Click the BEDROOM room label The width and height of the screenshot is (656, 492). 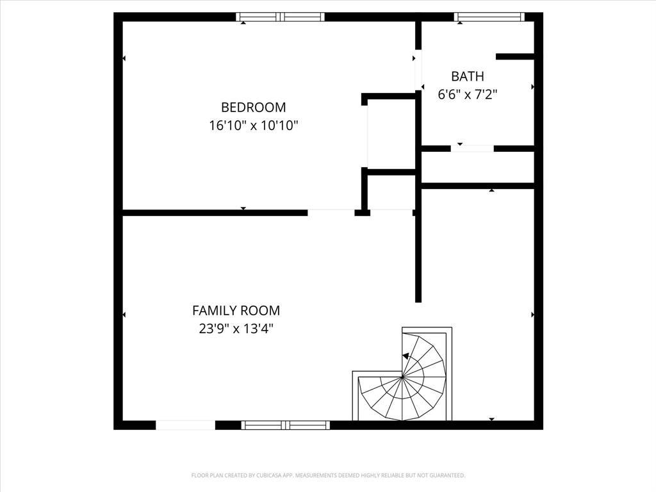coord(253,107)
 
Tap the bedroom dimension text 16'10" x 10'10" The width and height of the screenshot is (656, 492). coord(253,126)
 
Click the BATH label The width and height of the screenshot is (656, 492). coord(467,76)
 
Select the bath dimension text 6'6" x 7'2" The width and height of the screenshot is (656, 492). coord(467,94)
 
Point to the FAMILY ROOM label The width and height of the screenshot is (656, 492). coord(236,311)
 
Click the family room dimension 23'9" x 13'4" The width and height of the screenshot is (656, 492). coord(236,329)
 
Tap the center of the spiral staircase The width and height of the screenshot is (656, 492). coord(402,378)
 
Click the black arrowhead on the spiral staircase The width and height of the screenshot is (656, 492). coord(406,356)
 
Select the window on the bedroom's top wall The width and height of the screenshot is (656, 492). coord(280,17)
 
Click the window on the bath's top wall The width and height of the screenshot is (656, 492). coord(489,17)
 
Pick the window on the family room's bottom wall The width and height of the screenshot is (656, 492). coord(286,425)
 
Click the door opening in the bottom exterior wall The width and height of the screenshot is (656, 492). coord(185,425)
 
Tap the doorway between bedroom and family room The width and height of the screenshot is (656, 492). coord(331,212)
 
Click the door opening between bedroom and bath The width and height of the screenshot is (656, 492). coord(418,70)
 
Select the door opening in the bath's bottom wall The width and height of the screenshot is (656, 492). coord(472,149)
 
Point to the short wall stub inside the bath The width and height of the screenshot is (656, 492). coord(514,56)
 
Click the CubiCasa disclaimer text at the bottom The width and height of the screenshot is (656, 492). coord(328,475)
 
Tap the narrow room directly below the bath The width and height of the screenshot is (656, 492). coord(477,167)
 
